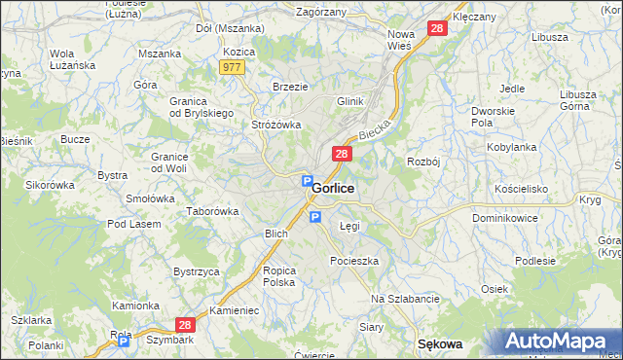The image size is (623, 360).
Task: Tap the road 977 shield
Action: point(232,67)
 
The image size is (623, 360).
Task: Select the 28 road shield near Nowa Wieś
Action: point(437,29)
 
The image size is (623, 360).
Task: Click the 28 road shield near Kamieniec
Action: point(185,326)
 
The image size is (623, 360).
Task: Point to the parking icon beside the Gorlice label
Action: point(306,182)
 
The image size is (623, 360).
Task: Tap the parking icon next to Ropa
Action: point(124,342)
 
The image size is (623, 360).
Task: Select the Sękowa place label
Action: point(438,343)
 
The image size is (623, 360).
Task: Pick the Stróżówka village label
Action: point(277,125)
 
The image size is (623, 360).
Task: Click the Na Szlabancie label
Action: point(406,298)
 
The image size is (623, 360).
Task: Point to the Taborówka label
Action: point(213,211)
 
